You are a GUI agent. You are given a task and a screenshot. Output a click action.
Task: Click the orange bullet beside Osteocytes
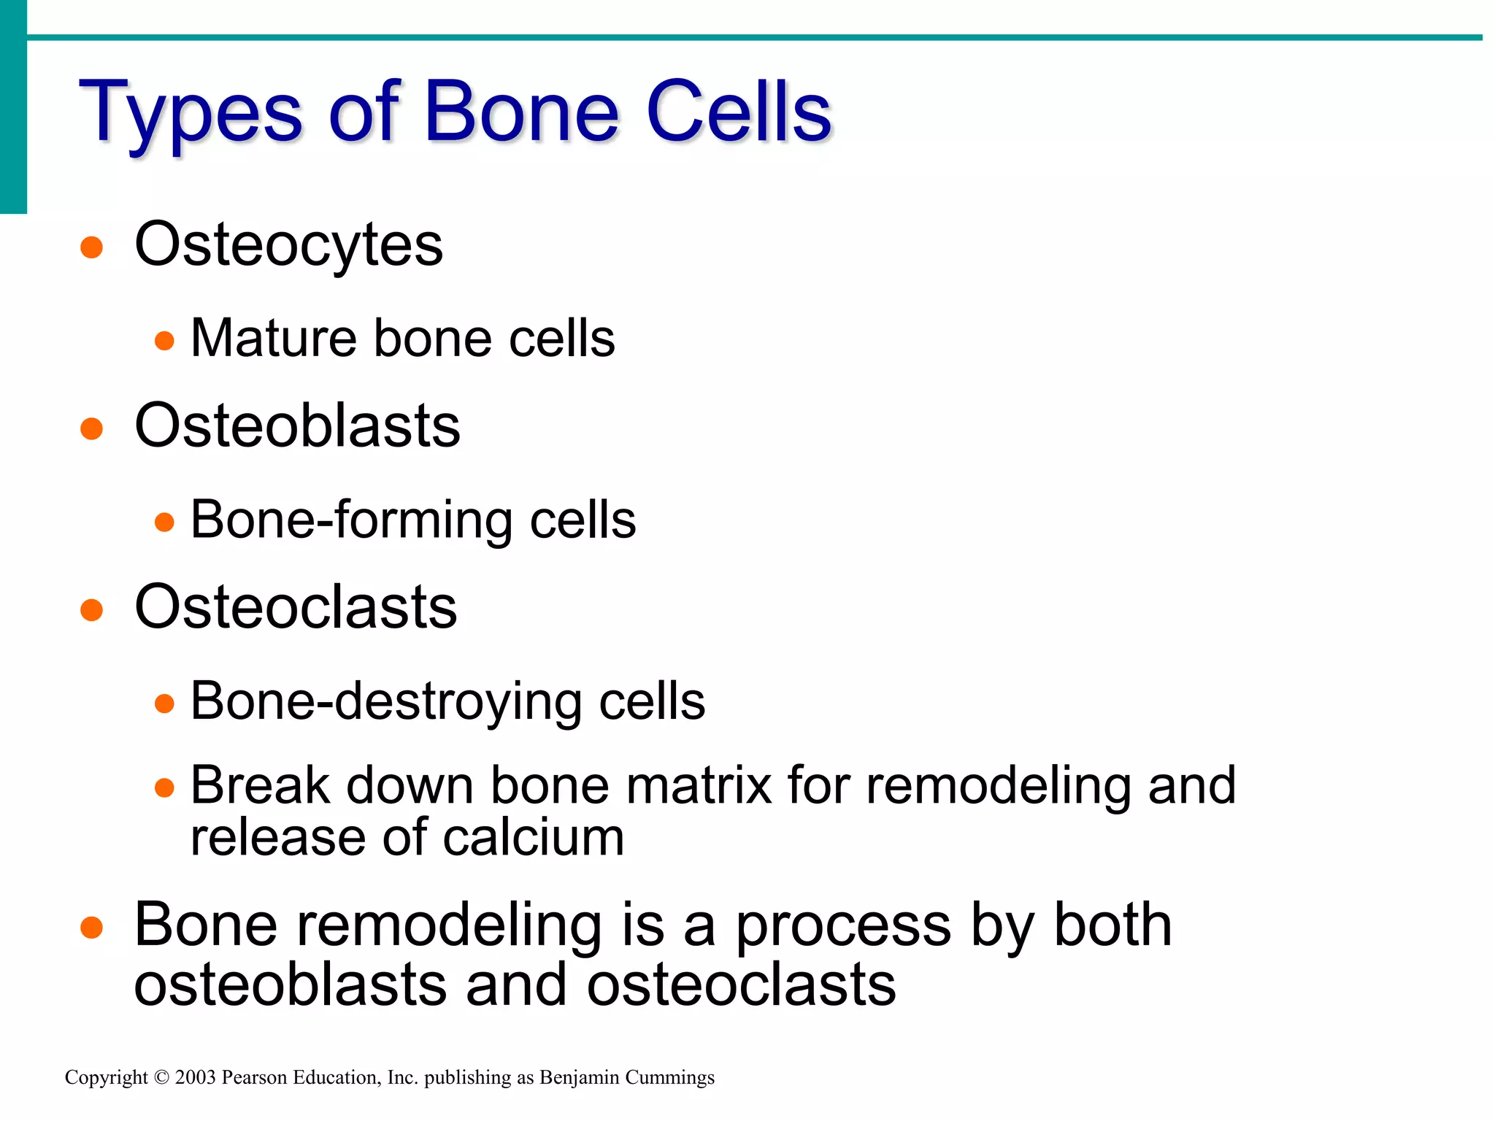pos(91,247)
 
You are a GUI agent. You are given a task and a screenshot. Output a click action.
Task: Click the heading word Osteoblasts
pos(297,426)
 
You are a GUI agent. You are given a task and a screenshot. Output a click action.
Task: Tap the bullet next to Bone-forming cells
pos(165,522)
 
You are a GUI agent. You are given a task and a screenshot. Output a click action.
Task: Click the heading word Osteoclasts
pos(296,607)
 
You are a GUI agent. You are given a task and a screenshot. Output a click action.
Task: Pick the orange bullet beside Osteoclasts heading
pos(91,609)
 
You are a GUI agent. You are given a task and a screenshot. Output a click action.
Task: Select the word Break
pos(260,786)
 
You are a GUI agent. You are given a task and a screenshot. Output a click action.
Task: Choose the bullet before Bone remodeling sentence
pos(91,928)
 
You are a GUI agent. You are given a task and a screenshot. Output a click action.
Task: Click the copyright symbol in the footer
pos(161,1078)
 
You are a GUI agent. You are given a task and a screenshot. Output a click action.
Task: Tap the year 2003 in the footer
pos(196,1078)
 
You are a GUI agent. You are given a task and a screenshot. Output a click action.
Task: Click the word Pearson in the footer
pos(254,1078)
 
